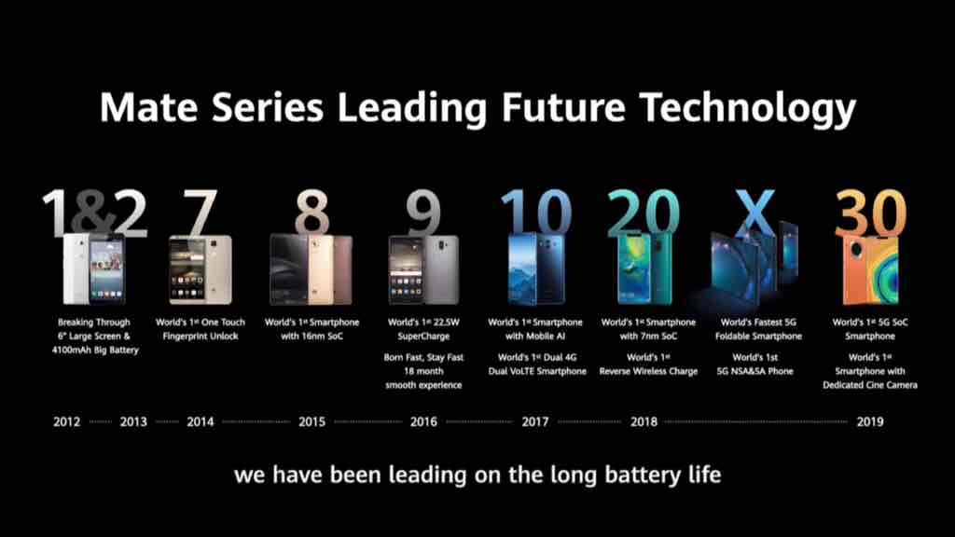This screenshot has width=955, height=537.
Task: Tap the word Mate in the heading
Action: click(148, 107)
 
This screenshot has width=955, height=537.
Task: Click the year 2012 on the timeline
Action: click(66, 421)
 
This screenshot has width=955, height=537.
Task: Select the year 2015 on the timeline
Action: click(311, 421)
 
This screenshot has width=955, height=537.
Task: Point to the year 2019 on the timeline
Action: click(870, 421)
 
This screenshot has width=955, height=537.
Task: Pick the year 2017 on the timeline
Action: click(534, 421)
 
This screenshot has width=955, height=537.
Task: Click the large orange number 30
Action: click(870, 213)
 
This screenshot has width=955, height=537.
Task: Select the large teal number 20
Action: click(644, 213)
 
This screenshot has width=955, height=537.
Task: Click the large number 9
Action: click(423, 213)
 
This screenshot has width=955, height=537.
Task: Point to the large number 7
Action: click(201, 213)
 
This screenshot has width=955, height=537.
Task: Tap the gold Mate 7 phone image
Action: click(201, 269)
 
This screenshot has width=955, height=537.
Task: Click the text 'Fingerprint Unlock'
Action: click(201, 336)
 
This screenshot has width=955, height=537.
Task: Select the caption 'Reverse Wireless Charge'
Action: click(648, 371)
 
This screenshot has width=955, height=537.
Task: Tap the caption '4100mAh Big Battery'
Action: click(95, 351)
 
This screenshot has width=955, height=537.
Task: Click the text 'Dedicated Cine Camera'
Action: click(870, 385)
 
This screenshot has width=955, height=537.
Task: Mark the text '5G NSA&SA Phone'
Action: click(754, 371)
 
